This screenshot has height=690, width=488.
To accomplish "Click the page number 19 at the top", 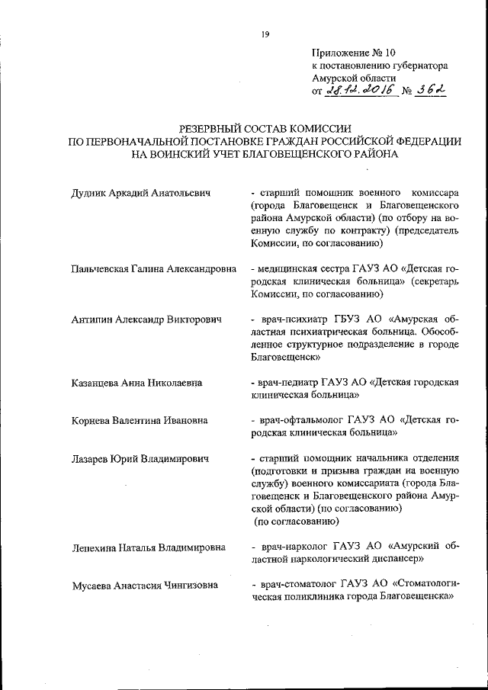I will tap(265, 33).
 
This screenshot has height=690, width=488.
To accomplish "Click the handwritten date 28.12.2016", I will tap(359, 91).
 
